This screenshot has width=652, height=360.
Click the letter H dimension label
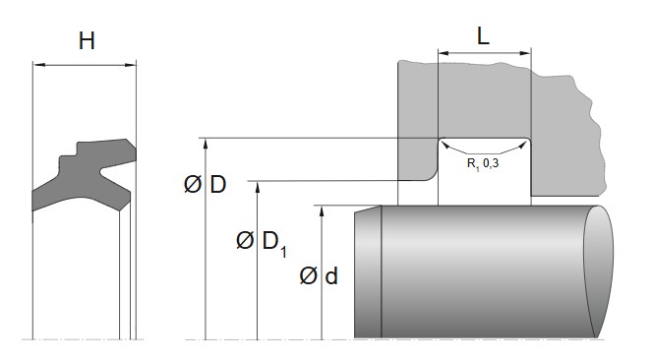[x=87, y=40]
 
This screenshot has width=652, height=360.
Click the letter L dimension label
[x=484, y=36]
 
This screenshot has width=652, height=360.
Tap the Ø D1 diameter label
[x=262, y=241]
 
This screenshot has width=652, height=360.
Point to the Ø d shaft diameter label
[x=320, y=276]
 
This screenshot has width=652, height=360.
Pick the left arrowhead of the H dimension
[x=38, y=65]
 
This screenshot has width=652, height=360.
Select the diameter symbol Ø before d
[x=308, y=276]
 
